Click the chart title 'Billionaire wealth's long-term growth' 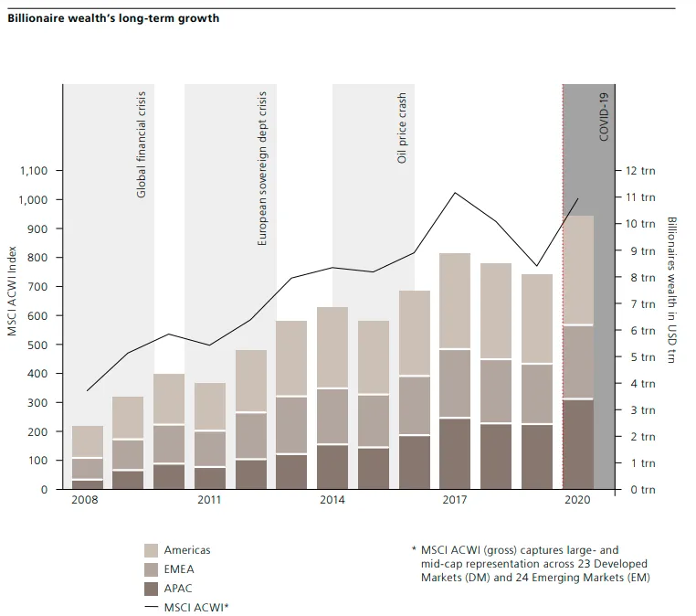(113, 18)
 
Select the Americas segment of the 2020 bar (577, 271)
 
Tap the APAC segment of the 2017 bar (455, 453)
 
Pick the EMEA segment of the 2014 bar (332, 416)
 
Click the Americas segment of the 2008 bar (88, 441)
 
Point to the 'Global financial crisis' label (142, 144)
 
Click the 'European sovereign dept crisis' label (263, 168)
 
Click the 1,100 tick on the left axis (36, 171)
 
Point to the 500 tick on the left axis (40, 345)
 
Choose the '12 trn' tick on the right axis (641, 171)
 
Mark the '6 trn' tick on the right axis (641, 331)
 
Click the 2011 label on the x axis (209, 500)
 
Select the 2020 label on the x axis (577, 500)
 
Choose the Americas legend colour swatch (151, 550)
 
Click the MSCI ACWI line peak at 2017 (455, 193)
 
